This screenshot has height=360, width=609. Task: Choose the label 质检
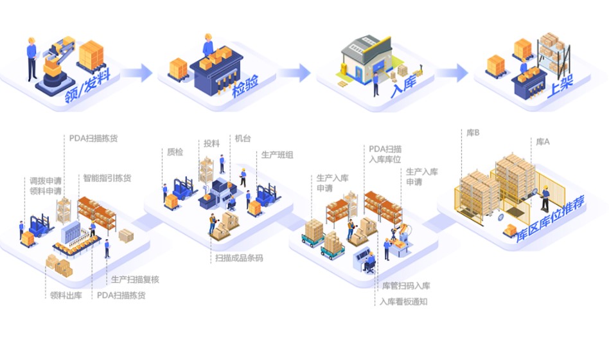point(175,152)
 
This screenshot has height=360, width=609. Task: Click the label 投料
point(211,143)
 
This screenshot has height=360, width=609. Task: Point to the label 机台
point(243,138)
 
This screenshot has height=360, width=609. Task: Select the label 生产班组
point(278,155)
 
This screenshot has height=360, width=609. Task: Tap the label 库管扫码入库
point(406,286)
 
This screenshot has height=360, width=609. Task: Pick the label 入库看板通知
point(403,301)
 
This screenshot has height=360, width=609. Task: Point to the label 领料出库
point(66,296)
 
